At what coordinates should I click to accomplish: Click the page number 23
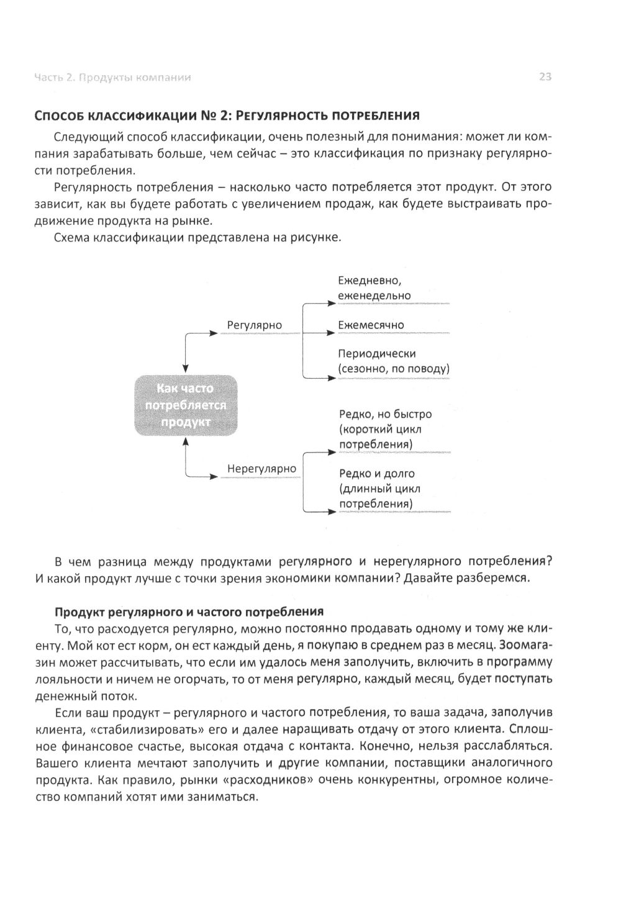pyautogui.click(x=545, y=77)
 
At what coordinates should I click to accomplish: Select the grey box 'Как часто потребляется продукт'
pyautogui.click(x=186, y=405)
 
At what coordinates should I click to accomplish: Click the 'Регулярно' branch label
pyautogui.click(x=254, y=325)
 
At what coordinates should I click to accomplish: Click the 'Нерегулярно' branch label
pyautogui.click(x=261, y=469)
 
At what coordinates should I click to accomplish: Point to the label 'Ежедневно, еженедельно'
pyautogui.click(x=374, y=289)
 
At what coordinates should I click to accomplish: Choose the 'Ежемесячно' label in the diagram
pyautogui.click(x=371, y=325)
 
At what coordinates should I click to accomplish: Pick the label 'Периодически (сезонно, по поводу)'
pyautogui.click(x=394, y=361)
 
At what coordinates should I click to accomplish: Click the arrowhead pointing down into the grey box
pyautogui.click(x=186, y=370)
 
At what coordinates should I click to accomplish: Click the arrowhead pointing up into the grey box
pyautogui.click(x=186, y=441)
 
